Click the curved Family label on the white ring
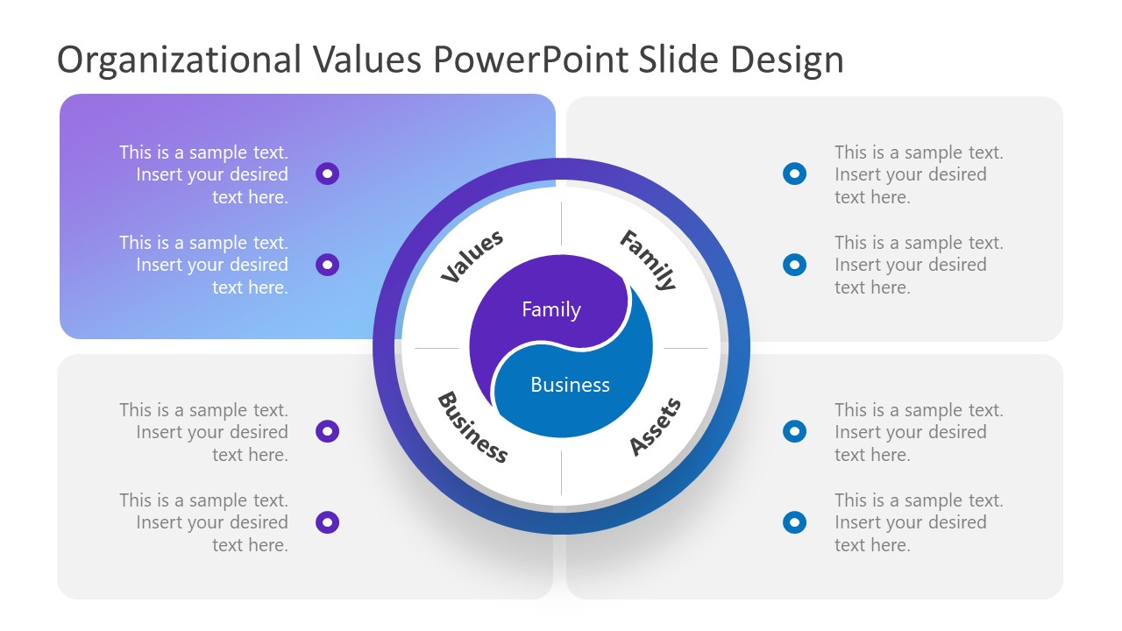[649, 259]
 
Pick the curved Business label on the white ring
[472, 427]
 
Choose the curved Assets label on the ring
[656, 427]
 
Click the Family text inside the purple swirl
[550, 309]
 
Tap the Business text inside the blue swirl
[570, 385]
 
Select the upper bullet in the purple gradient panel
[327, 174]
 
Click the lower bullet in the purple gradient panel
[327, 264]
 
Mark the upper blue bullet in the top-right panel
[794, 174]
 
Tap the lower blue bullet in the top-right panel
[794, 264]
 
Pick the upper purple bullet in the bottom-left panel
[327, 431]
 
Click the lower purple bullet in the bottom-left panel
[327, 522]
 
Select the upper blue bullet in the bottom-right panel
[794, 431]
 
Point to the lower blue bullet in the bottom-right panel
[794, 522]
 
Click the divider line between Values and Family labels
[561, 223]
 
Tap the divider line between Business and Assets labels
[561, 473]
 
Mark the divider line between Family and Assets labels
[685, 348]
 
